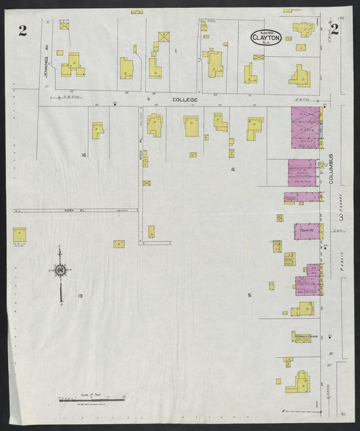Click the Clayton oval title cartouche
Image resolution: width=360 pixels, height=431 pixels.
pyautogui.click(x=265, y=38)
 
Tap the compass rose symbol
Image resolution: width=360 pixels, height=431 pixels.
pyautogui.click(x=61, y=271)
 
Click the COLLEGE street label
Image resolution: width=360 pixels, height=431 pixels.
pyautogui.click(x=184, y=100)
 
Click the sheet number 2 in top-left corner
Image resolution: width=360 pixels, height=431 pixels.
pyautogui.click(x=23, y=30)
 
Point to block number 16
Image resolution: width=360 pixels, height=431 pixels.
pyautogui.click(x=84, y=155)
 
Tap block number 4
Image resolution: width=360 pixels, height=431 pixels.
pyautogui.click(x=232, y=170)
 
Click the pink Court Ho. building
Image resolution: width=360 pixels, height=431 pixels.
pyautogui.click(x=307, y=231)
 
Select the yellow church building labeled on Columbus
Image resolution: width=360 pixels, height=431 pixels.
pyautogui.click(x=305, y=336)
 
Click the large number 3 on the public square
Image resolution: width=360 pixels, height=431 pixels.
pyautogui.click(x=342, y=218)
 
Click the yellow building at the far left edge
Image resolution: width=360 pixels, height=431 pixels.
pyautogui.click(x=19, y=234)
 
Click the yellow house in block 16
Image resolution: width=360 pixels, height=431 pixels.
pyautogui.click(x=97, y=130)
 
